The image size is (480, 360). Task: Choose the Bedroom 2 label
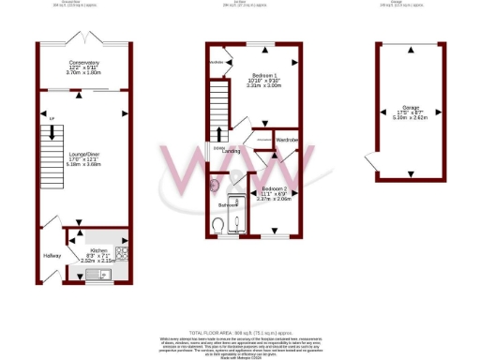pos(275,188)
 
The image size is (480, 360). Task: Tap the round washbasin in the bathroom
pos(219,185)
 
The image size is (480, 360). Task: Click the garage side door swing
pos(374,163)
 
